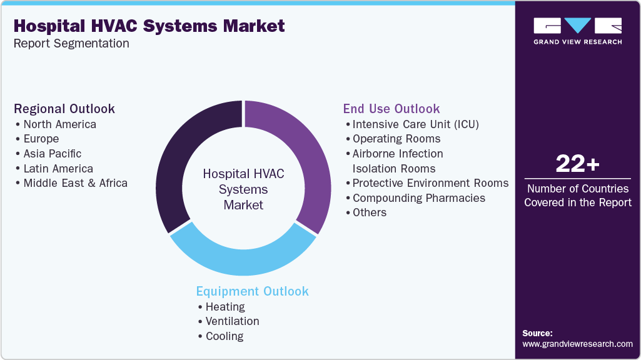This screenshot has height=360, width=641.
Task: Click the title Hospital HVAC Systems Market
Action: click(x=149, y=26)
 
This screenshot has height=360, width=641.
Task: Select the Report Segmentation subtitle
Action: click(x=71, y=44)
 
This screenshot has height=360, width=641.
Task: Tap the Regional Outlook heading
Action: click(x=64, y=109)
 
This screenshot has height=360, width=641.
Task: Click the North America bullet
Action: click(x=59, y=124)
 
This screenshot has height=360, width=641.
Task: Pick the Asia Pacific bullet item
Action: click(x=52, y=154)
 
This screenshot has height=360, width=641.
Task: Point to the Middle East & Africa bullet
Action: click(x=75, y=183)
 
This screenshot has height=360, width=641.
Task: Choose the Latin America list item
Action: click(x=58, y=169)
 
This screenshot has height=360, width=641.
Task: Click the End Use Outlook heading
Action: click(x=391, y=109)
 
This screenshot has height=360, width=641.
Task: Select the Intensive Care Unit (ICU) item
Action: click(x=415, y=124)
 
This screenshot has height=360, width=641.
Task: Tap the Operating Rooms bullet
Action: click(x=396, y=139)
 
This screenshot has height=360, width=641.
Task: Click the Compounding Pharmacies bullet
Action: click(x=418, y=198)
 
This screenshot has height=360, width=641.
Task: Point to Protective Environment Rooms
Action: click(x=430, y=183)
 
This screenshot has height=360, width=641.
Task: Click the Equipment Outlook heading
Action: click(x=252, y=291)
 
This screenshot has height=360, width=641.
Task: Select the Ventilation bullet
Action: click(x=232, y=321)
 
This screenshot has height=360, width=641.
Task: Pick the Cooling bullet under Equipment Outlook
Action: click(x=224, y=336)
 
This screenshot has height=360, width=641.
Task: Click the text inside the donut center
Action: click(x=243, y=189)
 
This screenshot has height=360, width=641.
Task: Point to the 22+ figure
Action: click(x=577, y=164)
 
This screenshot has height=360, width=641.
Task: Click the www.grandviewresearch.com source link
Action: click(x=577, y=344)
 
